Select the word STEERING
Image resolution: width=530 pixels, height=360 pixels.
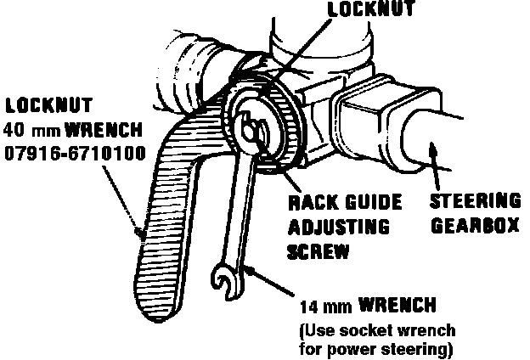pyautogui.click(x=474, y=201)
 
